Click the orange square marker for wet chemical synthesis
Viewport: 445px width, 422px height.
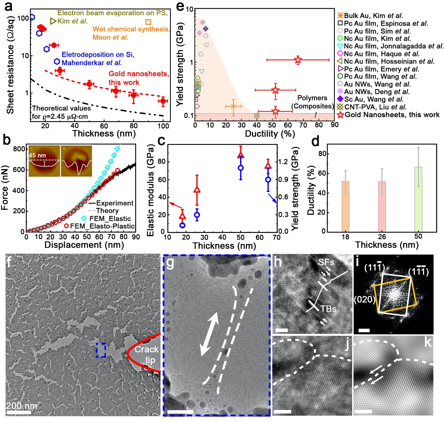[x=148, y=22]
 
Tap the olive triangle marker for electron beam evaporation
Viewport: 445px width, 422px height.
[x=53, y=21]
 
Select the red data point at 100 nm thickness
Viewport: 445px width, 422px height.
[x=163, y=101]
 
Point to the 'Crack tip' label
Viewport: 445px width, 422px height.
[x=147, y=354]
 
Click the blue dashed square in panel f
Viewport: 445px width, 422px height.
[x=100, y=350]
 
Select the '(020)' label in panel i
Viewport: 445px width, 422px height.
[x=364, y=299]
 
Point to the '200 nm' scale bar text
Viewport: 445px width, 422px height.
[x=22, y=406]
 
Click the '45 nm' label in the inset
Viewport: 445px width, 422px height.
[x=37, y=156]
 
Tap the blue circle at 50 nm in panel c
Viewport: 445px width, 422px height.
[x=241, y=168]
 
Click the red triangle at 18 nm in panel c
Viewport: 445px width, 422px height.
[x=182, y=216]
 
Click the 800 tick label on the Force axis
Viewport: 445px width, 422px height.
[x=19, y=149]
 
